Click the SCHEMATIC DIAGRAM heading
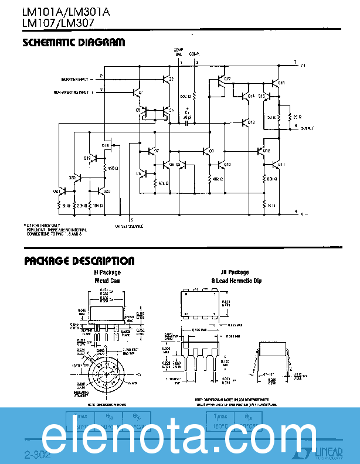[73, 43]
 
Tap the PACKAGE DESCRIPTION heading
[79, 261]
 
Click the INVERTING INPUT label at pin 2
[76, 79]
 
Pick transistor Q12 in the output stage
[261, 151]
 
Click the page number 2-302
[38, 454]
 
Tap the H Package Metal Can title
[107, 277]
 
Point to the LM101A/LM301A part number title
[62, 12]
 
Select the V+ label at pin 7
[303, 65]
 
